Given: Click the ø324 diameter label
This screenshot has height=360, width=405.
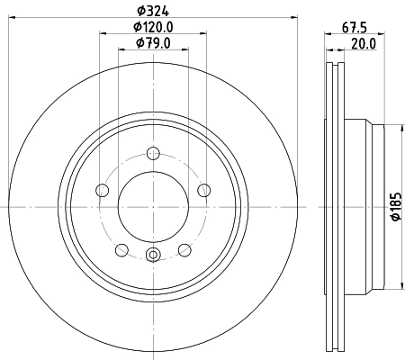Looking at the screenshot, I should point(153,11).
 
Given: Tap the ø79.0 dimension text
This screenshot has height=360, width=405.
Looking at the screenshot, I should point(153,43).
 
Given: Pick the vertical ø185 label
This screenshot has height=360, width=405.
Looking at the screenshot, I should point(394,207).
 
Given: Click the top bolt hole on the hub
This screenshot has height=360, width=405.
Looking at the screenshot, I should point(153,152).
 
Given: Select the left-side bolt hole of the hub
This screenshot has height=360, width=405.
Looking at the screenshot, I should point(102,190).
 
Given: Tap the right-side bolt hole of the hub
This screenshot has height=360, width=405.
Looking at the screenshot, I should point(204,190).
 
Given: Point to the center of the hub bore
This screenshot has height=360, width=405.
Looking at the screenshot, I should point(153,206).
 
